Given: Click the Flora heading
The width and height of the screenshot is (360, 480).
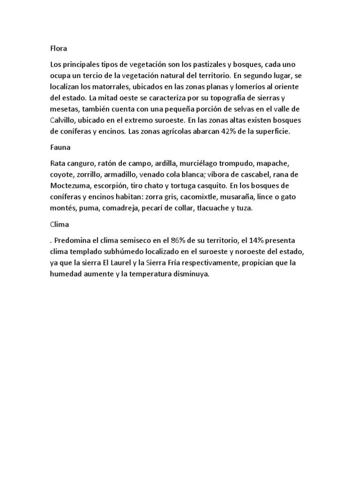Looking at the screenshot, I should tap(59, 48).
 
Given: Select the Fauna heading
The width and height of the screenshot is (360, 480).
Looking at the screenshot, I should tap(60, 148).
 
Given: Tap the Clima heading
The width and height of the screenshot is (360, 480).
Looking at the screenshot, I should tap(60, 225).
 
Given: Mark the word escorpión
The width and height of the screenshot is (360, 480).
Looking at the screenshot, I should tap(122, 186).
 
